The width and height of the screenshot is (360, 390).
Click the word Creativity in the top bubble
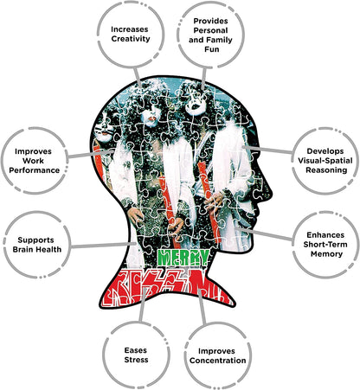131,39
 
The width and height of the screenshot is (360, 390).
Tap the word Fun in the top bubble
212,49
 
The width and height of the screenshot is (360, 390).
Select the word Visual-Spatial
325,161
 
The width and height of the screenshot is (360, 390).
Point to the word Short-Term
325,245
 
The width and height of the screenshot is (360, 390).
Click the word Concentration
218,361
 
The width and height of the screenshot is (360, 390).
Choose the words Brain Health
37,249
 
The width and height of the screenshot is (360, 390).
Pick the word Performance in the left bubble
34,170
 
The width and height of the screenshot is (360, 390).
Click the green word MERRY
183,258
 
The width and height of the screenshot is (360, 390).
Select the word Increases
130,29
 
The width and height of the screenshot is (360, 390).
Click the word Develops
325,151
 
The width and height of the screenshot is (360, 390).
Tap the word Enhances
325,235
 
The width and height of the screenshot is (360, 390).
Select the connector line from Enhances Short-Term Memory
264,233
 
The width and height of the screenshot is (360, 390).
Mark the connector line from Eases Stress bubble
143,305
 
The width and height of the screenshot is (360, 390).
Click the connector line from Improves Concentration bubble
202,306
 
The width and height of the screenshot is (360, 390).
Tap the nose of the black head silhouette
270,190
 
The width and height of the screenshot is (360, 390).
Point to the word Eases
136,350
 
